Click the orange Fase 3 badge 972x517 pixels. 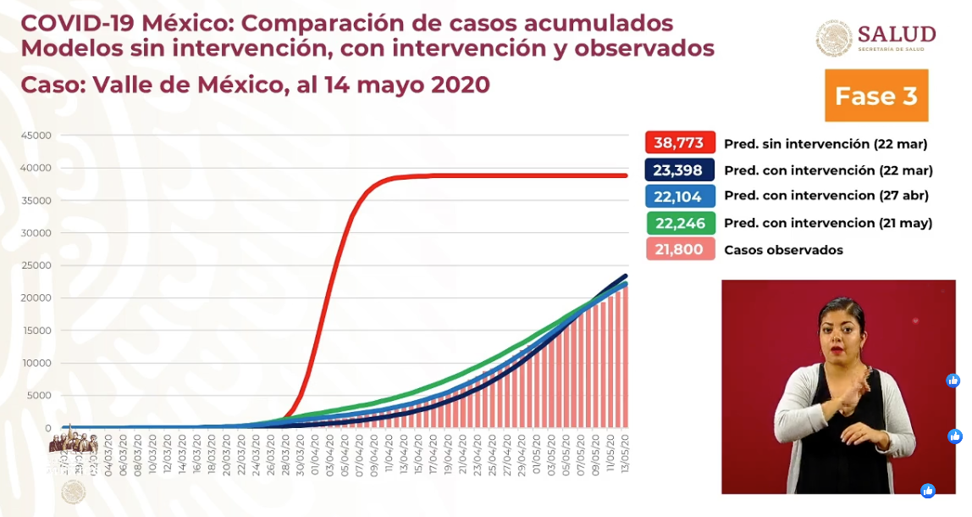(876, 96)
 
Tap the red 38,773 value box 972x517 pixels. (679, 143)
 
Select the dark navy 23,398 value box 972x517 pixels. (679, 170)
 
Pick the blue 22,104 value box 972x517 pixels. (679, 196)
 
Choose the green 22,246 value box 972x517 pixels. (679, 223)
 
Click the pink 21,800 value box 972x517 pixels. (679, 250)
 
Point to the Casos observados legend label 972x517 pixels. (783, 250)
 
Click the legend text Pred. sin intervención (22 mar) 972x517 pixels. (826, 143)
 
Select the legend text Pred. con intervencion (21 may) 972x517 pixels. (828, 223)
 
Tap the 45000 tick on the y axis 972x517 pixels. (36, 136)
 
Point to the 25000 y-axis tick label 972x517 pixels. (36, 265)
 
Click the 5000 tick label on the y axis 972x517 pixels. (39, 396)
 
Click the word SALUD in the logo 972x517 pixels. (897, 34)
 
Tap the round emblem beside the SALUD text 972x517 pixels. (834, 39)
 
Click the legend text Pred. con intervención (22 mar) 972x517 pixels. (828, 170)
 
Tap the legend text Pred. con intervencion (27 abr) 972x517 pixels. (826, 196)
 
